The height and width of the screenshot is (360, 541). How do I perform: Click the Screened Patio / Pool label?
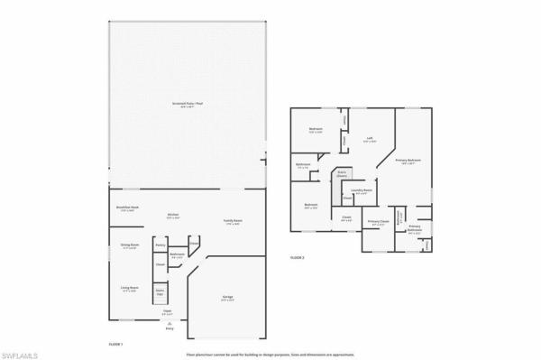(x=187, y=104)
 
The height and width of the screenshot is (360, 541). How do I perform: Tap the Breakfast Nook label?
(x=128, y=208)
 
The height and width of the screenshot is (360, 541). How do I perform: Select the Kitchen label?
(x=173, y=216)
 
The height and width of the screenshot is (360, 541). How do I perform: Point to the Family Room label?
(x=233, y=221)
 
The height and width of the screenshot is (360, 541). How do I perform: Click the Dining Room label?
(x=130, y=245)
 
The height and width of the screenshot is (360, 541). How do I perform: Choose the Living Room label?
(x=130, y=289)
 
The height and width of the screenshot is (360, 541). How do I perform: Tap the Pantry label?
(x=160, y=245)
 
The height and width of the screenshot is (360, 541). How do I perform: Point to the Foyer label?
(x=167, y=311)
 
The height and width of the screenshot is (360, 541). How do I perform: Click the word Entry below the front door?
(x=168, y=329)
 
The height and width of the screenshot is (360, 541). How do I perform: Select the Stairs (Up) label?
(x=160, y=292)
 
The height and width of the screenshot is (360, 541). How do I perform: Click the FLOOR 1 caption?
(x=115, y=345)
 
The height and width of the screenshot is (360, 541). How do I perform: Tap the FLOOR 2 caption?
(x=298, y=258)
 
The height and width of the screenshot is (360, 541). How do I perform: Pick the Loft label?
(x=369, y=139)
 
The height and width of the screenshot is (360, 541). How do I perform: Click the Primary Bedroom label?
(x=408, y=161)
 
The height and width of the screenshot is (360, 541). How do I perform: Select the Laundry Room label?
(x=362, y=190)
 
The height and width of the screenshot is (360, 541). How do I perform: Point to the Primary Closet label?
(x=378, y=222)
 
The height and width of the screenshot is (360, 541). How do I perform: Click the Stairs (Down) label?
(x=342, y=175)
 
